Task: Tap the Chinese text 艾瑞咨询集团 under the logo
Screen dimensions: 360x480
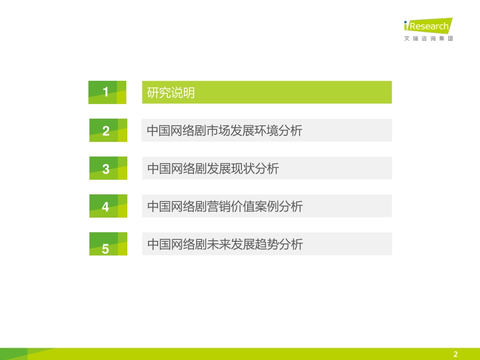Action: [428, 39]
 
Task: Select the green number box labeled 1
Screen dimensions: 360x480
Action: [107, 92]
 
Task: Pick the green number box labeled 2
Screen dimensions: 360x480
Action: [108, 131]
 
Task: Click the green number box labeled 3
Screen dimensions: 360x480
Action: [108, 169]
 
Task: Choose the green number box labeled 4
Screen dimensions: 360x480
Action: [108, 207]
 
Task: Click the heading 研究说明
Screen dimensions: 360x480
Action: [171, 93]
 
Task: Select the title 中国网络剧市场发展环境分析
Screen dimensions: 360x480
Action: [224, 131]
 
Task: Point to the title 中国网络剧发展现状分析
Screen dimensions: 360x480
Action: [213, 169]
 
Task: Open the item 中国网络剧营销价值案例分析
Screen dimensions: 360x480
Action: [225, 207]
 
